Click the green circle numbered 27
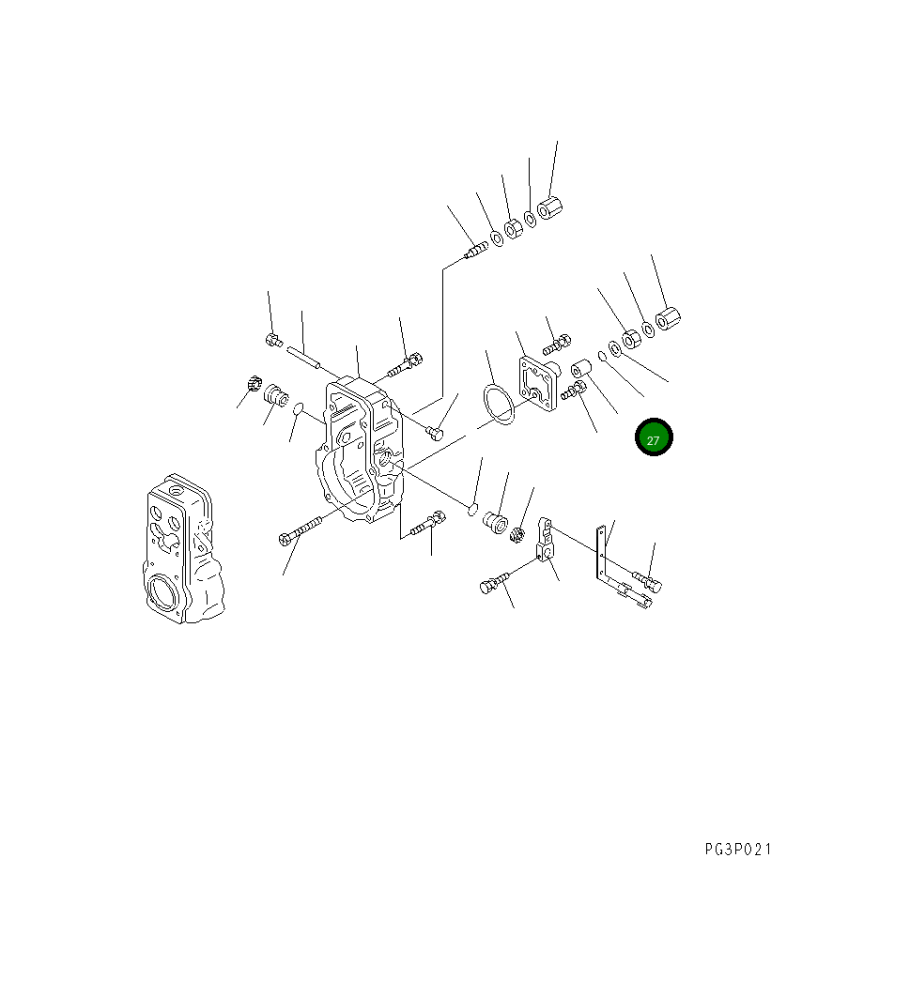coord(654,438)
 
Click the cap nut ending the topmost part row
coord(549,207)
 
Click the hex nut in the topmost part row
coord(513,228)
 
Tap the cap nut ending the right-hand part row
coord(668,319)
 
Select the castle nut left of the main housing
coord(251,383)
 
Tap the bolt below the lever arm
coord(495,584)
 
